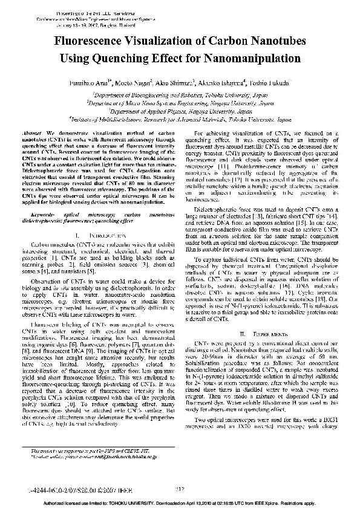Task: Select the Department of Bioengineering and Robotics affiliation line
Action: click(179, 96)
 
